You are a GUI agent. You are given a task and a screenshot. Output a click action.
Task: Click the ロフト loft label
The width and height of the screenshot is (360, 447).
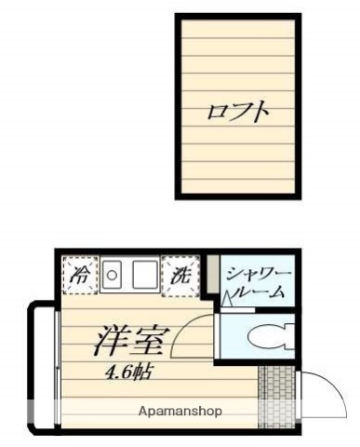pyautogui.click(x=238, y=113)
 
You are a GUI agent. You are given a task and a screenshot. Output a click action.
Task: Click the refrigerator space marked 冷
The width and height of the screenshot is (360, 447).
pyautogui.click(x=82, y=275)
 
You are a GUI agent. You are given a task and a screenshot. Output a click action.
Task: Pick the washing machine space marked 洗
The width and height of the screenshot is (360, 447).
pyautogui.click(x=180, y=275)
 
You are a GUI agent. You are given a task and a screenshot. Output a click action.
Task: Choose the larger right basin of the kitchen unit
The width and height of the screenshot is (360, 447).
pyautogui.click(x=144, y=275)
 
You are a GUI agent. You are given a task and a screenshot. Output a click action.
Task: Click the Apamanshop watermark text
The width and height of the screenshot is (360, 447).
pyautogui.click(x=180, y=411)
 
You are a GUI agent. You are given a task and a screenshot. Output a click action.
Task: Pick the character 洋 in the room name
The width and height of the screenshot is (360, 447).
pyautogui.click(x=110, y=342)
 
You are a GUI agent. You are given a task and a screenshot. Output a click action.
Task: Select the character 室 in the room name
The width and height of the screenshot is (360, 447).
pyautogui.click(x=150, y=342)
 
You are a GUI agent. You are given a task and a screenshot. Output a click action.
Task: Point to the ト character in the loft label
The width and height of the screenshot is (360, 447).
pyautogui.click(x=261, y=113)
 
